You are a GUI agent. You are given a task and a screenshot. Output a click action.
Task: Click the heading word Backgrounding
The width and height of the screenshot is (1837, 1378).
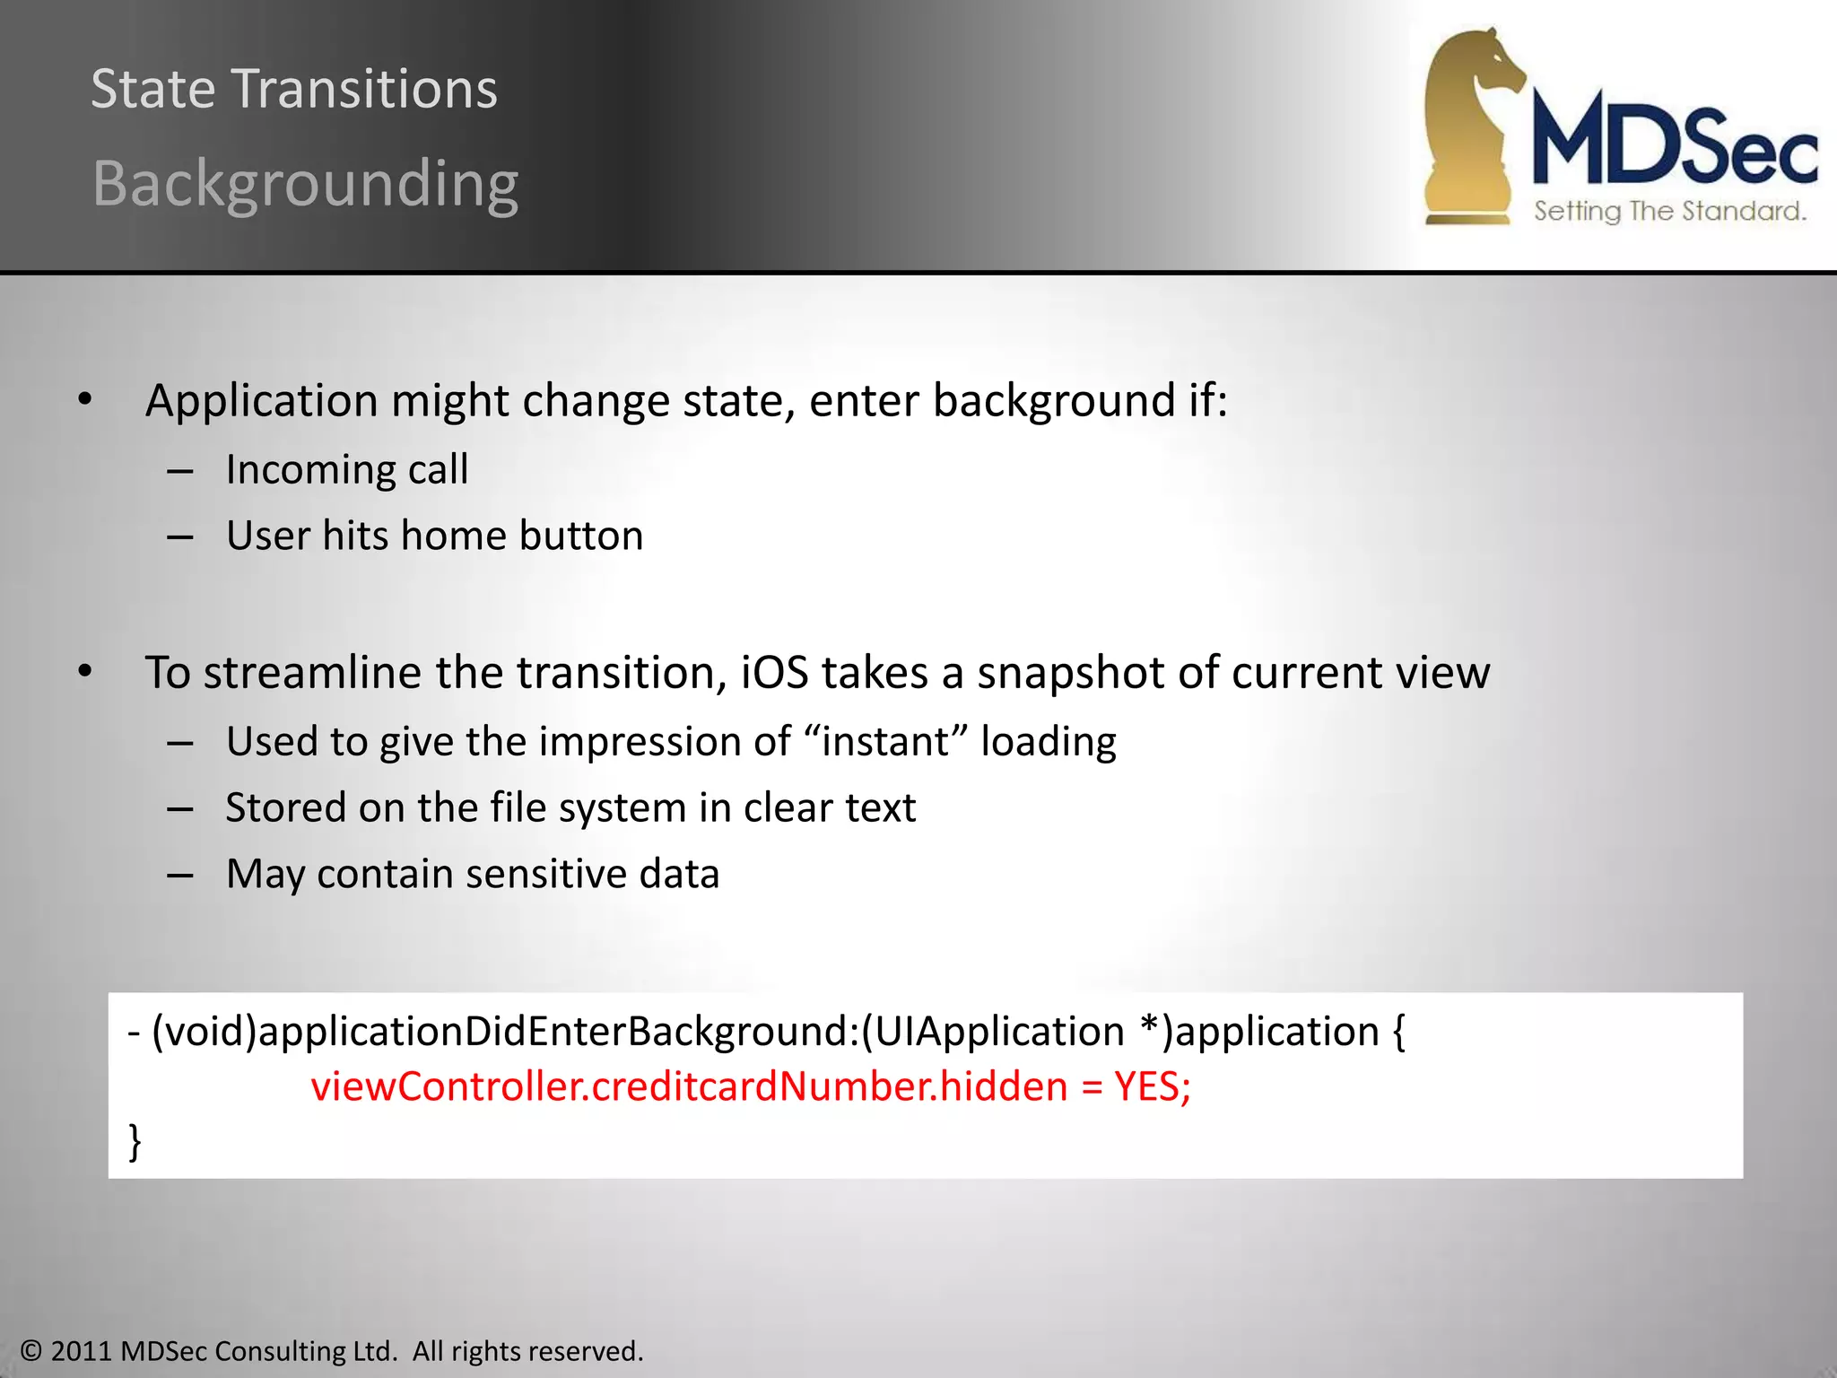[x=305, y=184]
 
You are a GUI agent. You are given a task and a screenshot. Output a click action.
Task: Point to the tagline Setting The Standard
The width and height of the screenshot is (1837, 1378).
[x=1668, y=212]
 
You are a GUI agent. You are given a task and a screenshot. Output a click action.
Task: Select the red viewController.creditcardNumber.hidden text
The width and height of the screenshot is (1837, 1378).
[x=689, y=1086]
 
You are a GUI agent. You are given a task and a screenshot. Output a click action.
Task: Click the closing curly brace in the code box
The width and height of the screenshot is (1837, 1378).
[x=135, y=1141]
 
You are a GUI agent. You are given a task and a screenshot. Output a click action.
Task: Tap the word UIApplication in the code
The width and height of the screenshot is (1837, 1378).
[x=998, y=1032]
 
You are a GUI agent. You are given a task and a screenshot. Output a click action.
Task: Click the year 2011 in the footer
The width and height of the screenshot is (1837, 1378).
[x=81, y=1351]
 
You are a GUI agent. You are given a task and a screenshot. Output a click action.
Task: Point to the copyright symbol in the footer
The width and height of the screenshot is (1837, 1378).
[x=30, y=1351]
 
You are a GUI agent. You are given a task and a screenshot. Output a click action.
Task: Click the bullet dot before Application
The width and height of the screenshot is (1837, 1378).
[x=85, y=400]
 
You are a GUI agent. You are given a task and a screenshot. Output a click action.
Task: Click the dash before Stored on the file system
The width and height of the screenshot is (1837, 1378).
[x=180, y=808]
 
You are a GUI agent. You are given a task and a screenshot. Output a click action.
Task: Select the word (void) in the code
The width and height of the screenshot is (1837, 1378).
[x=204, y=1032]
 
